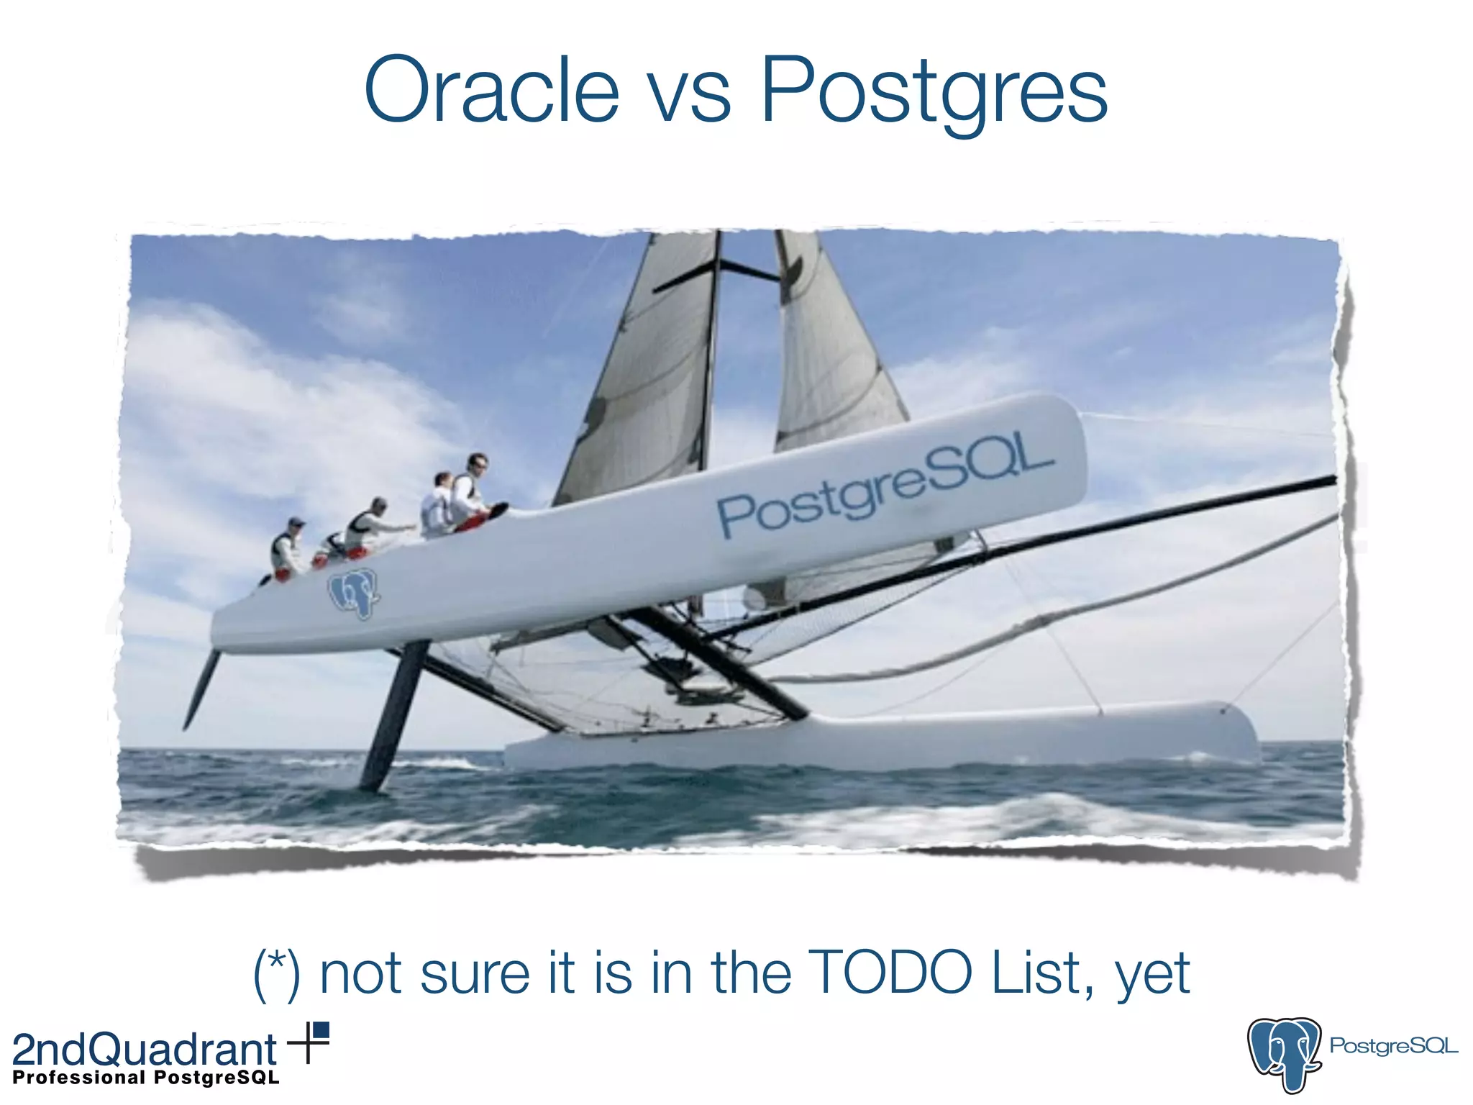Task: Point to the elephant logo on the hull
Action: tap(353, 594)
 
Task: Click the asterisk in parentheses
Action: tap(277, 964)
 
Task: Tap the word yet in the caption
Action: tap(1152, 977)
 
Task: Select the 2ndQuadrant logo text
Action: tap(144, 1050)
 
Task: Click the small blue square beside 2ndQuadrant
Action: tap(321, 1030)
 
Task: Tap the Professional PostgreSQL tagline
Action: tap(146, 1078)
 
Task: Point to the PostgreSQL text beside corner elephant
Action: tap(1393, 1046)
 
